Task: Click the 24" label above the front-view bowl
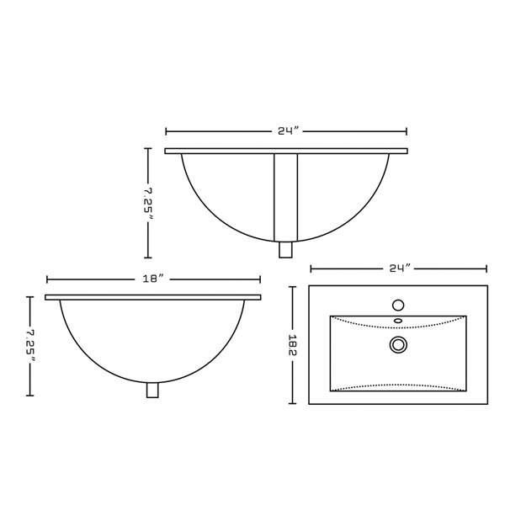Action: pyautogui.click(x=286, y=131)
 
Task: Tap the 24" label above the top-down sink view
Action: pyautogui.click(x=398, y=268)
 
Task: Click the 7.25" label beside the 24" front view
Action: pyautogui.click(x=148, y=203)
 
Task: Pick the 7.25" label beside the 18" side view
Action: pyautogui.click(x=30, y=346)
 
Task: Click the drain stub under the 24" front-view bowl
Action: pyautogui.click(x=286, y=249)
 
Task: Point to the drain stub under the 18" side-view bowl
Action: pyautogui.click(x=153, y=391)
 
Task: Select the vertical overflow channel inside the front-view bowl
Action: pyautogui.click(x=286, y=195)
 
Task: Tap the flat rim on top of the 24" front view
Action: pyautogui.click(x=286, y=151)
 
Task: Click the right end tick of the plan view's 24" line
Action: pyautogui.click(x=486, y=268)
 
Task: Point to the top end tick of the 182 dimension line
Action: pyautogui.click(x=293, y=288)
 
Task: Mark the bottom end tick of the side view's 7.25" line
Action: pyautogui.click(x=30, y=395)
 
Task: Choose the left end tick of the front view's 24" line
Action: pyautogui.click(x=166, y=131)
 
